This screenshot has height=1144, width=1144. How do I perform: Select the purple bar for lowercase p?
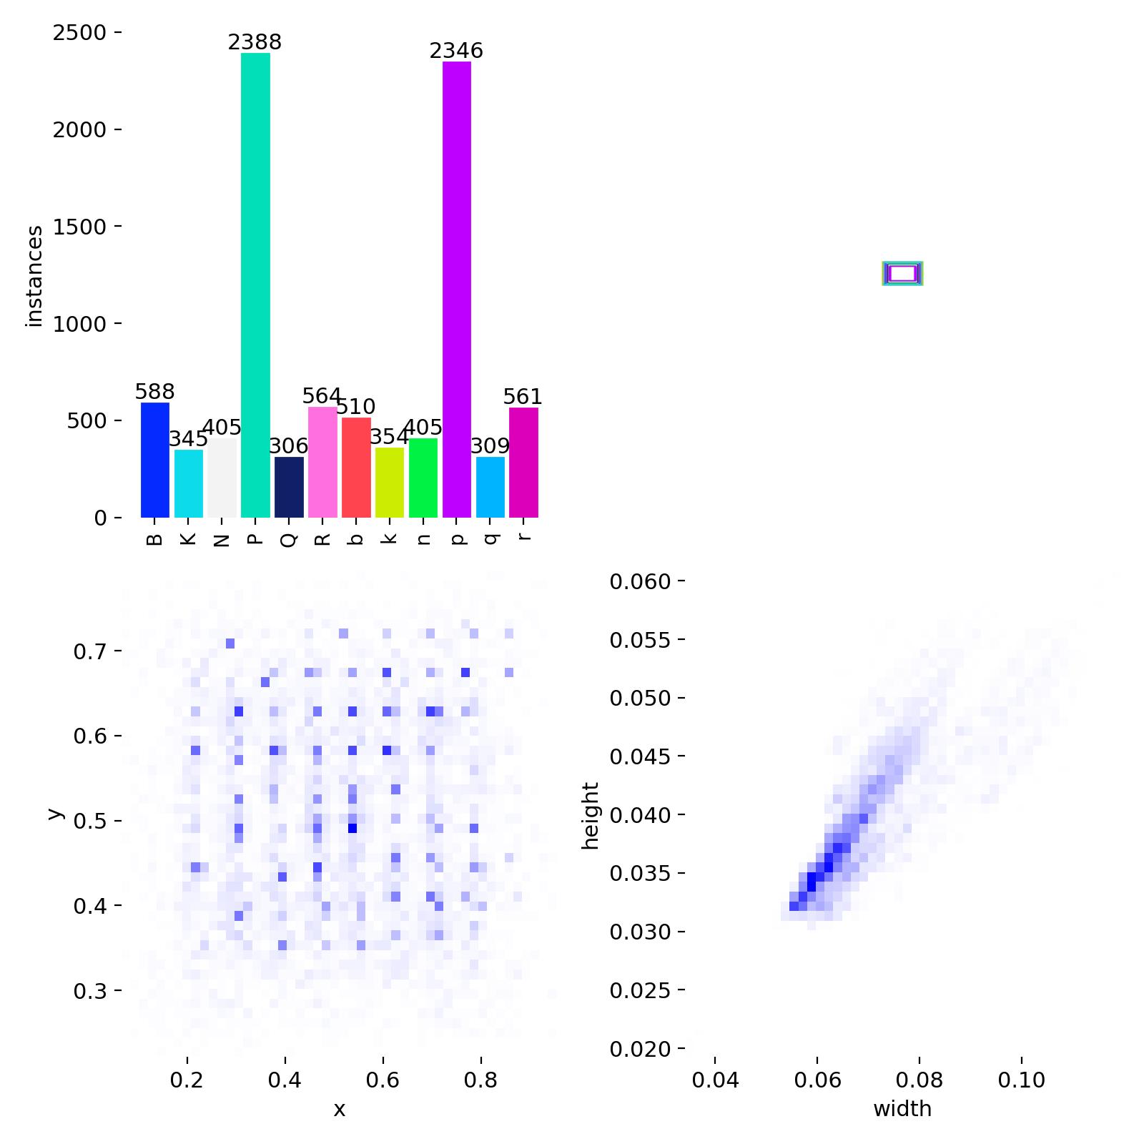click(x=457, y=289)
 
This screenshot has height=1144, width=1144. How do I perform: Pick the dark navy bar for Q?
click(x=289, y=487)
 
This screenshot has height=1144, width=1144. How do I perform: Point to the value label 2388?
click(x=255, y=43)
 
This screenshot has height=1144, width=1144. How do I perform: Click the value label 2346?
click(x=456, y=51)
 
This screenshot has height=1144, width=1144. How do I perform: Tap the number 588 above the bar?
click(x=155, y=393)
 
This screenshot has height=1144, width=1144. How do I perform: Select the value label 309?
click(x=490, y=446)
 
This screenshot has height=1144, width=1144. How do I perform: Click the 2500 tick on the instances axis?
click(x=79, y=33)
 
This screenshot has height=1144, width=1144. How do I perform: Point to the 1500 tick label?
click(x=79, y=227)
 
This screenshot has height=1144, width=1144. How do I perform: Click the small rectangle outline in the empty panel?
click(x=902, y=273)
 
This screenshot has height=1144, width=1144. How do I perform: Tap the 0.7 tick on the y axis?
click(x=89, y=651)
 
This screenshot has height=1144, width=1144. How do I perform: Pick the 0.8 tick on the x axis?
click(x=480, y=1080)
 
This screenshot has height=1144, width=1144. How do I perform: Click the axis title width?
click(x=902, y=1109)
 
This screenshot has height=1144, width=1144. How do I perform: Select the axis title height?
click(x=591, y=815)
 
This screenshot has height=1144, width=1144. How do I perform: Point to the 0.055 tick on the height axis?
click(x=640, y=640)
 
